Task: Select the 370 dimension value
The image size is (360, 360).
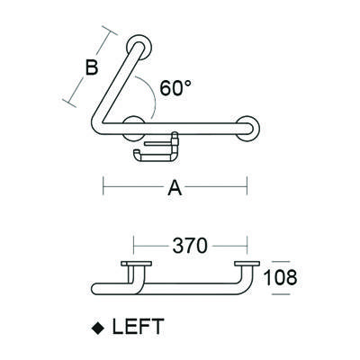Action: click(x=191, y=245)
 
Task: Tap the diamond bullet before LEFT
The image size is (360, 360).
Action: click(x=99, y=326)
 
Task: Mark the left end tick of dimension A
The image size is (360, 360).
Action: click(x=104, y=188)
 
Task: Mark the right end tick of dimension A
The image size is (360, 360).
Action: click(x=247, y=188)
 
